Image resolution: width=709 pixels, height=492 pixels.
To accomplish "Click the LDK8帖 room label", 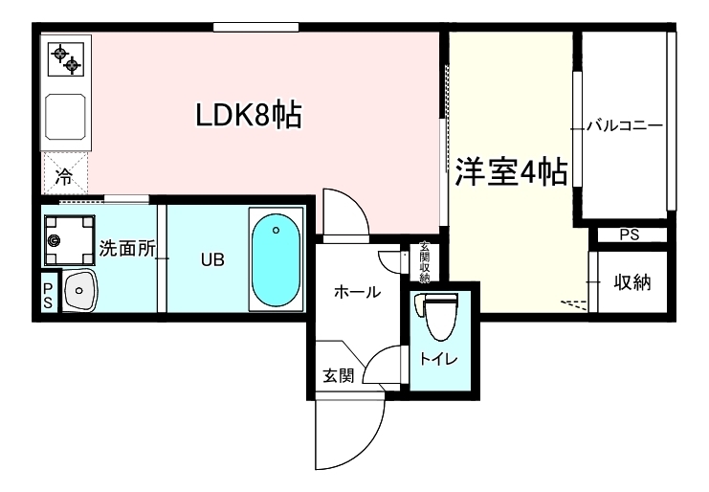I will [x=249, y=116].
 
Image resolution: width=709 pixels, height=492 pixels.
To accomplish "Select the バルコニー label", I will [x=624, y=125].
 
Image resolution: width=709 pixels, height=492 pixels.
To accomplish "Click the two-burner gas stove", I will [x=66, y=58].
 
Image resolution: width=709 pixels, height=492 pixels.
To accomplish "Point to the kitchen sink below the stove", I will [x=65, y=120].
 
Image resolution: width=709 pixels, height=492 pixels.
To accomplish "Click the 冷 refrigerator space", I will [x=64, y=175].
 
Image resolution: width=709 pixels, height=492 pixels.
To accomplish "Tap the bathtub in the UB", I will [x=276, y=257].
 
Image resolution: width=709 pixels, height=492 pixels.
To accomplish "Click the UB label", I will [x=212, y=259].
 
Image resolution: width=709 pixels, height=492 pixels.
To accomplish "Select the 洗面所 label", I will [x=127, y=248].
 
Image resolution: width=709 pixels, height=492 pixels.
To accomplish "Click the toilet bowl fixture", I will [x=439, y=315].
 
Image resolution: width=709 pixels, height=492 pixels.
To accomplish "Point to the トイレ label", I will [x=438, y=360].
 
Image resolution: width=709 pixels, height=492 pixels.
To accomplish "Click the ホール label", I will [x=357, y=293].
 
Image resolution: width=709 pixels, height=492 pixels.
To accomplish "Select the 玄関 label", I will [x=338, y=375].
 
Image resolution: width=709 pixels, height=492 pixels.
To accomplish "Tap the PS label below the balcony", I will [x=629, y=235].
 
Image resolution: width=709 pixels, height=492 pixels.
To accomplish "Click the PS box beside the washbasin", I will [x=48, y=293].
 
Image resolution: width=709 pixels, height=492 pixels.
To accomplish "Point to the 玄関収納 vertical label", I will [x=424, y=262].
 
